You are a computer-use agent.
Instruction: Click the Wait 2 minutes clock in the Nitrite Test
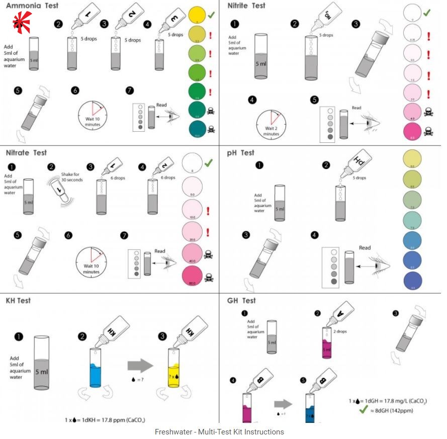point(272,123)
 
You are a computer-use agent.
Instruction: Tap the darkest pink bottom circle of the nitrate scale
point(194,277)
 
